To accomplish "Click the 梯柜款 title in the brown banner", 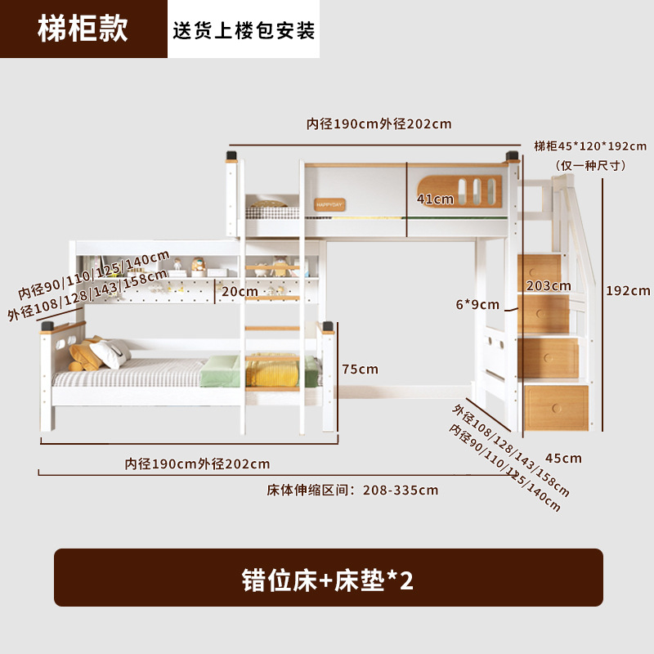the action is tap(83, 29).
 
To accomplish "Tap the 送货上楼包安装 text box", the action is tap(244, 30).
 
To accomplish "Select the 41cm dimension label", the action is tap(435, 199).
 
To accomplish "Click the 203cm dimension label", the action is tap(549, 285).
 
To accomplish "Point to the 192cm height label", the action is tap(628, 290).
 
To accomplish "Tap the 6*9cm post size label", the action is tap(478, 305).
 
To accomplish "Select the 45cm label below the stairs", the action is tap(564, 458).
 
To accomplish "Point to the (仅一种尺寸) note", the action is tap(590, 165).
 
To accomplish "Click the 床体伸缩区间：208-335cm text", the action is tap(352, 490).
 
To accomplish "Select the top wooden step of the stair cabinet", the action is tap(540, 267).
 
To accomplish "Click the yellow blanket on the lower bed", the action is tap(274, 371).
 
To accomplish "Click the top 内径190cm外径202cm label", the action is tap(379, 124).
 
